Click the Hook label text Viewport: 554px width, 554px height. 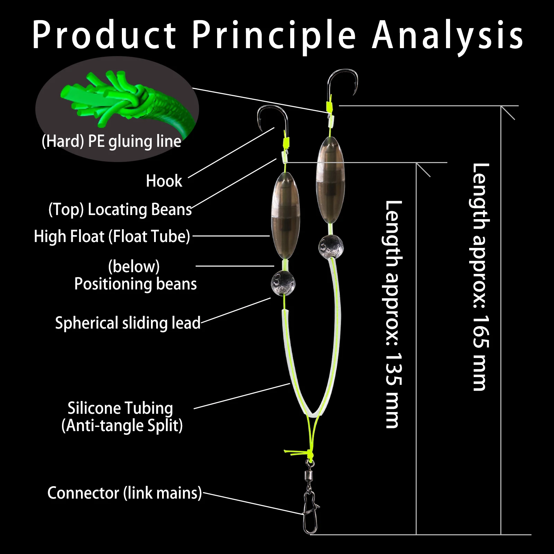point(164,181)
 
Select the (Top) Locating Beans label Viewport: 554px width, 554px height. point(120,209)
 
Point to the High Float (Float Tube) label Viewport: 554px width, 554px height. point(112,236)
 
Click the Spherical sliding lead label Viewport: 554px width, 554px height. point(128,323)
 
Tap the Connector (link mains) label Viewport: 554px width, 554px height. point(124,493)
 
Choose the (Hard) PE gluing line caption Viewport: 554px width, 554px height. point(111,141)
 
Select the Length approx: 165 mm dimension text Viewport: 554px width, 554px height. point(481,277)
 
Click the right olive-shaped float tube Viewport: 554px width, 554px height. point(330,180)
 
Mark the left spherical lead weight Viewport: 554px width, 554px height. point(283,283)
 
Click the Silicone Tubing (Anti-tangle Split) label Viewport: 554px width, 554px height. point(122,417)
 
